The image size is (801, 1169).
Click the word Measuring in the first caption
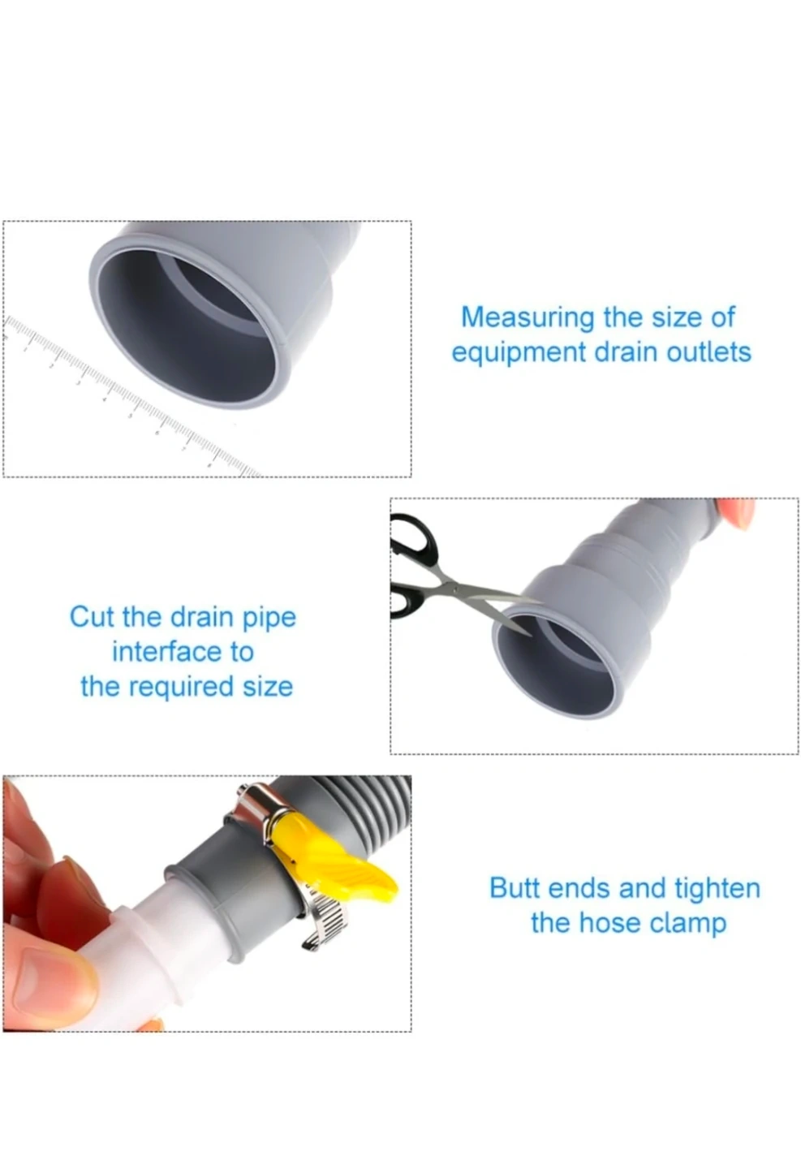(528, 318)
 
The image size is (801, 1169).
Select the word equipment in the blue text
(519, 354)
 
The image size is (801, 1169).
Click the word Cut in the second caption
(92, 617)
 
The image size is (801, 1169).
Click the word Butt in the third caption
(515, 888)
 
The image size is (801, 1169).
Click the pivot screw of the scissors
(456, 589)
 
